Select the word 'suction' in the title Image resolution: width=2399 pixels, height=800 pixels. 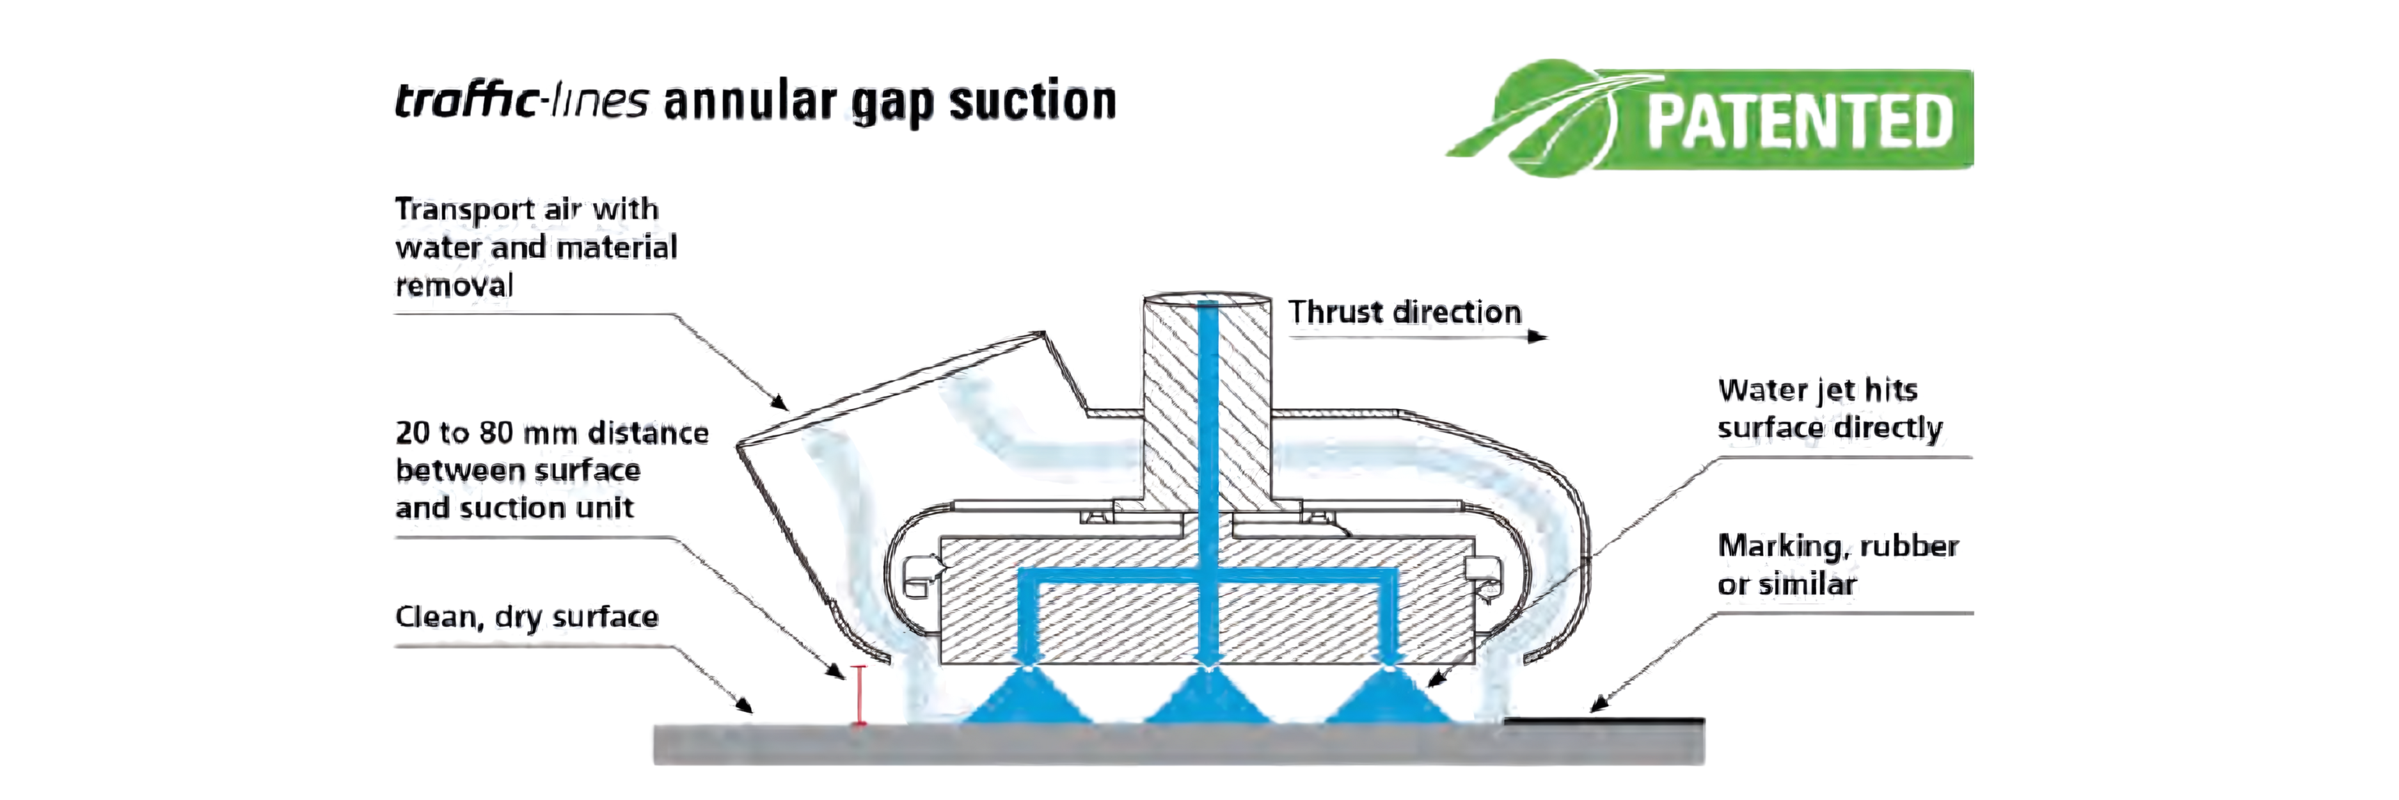pos(1032,100)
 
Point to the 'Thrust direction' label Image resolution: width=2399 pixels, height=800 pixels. pos(1404,312)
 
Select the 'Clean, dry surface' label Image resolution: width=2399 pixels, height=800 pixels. pos(526,616)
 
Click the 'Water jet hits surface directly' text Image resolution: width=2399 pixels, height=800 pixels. pos(1829,408)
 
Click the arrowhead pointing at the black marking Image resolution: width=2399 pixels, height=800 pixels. pos(1598,705)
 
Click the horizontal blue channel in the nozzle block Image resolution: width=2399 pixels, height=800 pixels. pos(1207,577)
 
